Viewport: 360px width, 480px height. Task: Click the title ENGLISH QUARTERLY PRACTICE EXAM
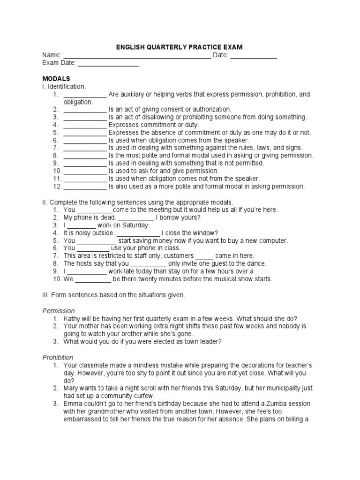[180, 47]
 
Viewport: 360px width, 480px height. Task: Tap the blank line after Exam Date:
[108, 63]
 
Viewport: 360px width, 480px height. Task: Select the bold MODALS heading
[56, 78]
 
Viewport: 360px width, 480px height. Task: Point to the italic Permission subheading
[59, 310]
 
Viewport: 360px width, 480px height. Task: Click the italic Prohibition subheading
[58, 357]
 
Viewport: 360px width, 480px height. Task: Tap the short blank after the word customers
[204, 256]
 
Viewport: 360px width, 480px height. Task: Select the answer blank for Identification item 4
[85, 125]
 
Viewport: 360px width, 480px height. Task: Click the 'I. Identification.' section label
[64, 86]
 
